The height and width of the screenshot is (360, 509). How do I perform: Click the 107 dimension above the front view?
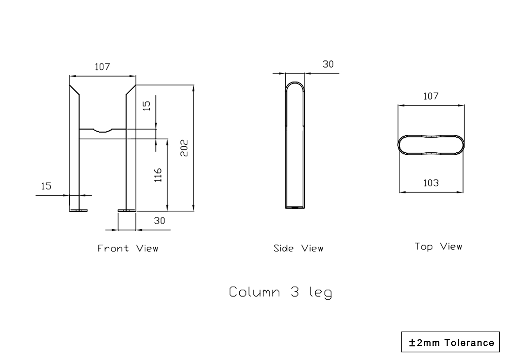tap(102, 67)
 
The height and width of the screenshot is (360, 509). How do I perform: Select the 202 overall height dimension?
tap(184, 148)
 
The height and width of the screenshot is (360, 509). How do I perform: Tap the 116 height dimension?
tap(158, 175)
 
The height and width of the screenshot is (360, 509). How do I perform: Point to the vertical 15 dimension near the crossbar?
tap(146, 106)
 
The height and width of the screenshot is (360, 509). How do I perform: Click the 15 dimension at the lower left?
tap(46, 186)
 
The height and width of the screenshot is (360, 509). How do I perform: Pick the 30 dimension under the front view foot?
tap(159, 221)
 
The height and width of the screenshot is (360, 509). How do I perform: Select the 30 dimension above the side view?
tap(328, 64)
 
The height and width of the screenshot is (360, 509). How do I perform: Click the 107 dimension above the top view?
tap(431, 96)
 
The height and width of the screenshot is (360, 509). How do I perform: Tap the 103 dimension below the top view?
tap(431, 183)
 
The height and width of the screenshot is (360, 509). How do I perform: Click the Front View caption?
tap(128, 248)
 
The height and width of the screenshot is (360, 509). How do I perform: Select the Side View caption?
tap(298, 248)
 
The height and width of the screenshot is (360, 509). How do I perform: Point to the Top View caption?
tap(438, 247)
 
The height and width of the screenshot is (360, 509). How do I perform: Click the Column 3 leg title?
tap(280, 292)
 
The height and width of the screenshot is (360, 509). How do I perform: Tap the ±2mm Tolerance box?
tap(450, 342)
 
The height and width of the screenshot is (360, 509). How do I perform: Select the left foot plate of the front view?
tap(78, 211)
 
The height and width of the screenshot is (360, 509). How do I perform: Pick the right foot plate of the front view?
tap(127, 211)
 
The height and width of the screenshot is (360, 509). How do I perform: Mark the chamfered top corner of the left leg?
tap(74, 90)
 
